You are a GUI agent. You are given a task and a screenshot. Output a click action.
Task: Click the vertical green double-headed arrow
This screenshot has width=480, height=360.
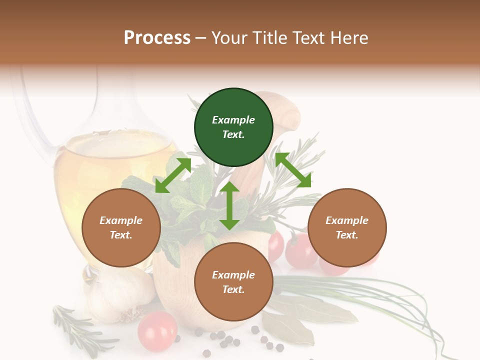pos(229,205)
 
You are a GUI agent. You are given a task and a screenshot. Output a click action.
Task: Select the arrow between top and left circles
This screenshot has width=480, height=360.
pos(173,175)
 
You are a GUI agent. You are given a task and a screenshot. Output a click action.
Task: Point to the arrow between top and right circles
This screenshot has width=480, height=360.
pos(293,170)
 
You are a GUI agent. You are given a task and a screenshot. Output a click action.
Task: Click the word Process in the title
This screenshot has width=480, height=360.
pos(157,37)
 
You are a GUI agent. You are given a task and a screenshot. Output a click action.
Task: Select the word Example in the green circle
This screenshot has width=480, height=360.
pos(233,120)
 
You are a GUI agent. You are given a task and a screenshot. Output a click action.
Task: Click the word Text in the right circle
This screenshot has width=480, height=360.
pos(346,235)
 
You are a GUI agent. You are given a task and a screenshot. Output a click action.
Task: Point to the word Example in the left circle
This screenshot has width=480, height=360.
pos(121,220)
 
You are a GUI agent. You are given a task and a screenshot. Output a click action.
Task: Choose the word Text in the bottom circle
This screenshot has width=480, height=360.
pos(232,289)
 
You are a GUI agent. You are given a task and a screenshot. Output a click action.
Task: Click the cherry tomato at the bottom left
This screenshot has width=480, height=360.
pos(157,331)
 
